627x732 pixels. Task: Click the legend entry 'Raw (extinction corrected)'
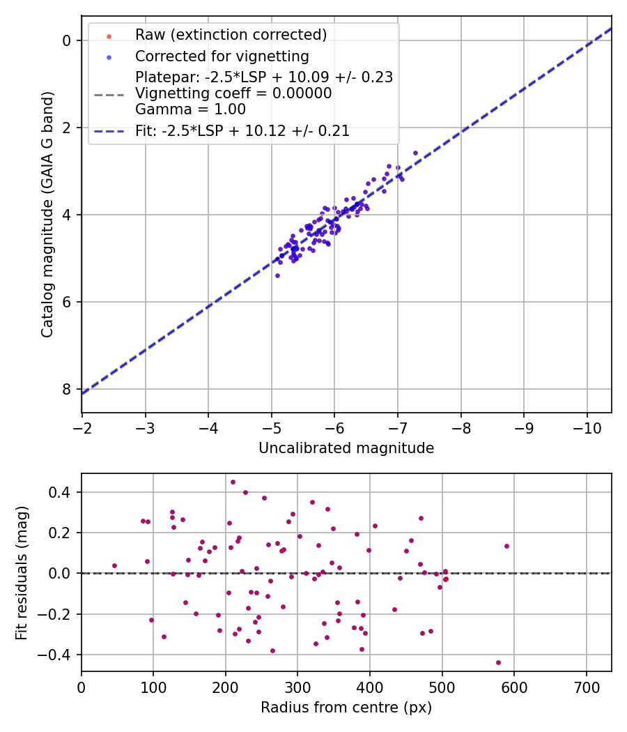[x=231, y=34]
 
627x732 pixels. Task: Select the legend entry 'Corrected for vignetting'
[x=222, y=55]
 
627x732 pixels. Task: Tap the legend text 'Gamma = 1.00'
[x=190, y=109]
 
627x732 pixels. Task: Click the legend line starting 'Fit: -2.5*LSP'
[x=242, y=131]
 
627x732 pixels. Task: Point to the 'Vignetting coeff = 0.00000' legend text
[x=233, y=93]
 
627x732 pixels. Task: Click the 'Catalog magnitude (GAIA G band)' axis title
[x=47, y=214]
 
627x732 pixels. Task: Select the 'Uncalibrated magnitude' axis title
[x=346, y=448]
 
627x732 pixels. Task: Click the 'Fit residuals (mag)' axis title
[x=22, y=572]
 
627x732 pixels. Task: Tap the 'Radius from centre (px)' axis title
[x=346, y=708]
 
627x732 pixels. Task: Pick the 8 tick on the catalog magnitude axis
[x=67, y=389]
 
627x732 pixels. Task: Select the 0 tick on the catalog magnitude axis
[x=67, y=40]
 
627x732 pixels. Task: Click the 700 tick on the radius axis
[x=586, y=686]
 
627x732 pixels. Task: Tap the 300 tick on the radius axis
[x=297, y=686]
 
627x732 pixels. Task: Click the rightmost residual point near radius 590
[x=506, y=546]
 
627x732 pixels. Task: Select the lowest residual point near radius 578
[x=498, y=662]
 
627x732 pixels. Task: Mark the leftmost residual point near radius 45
[x=114, y=565]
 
